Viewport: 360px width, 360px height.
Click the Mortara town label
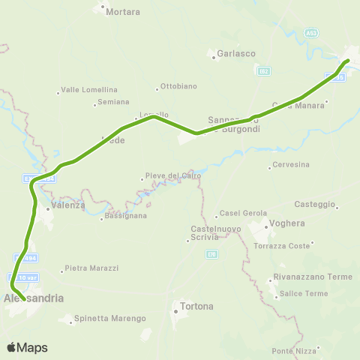pos(124,13)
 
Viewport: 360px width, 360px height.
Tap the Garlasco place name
pos(236,53)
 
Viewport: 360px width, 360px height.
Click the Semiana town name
pos(113,102)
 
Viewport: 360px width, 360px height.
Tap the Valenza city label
pos(69,205)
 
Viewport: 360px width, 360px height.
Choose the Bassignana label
pos(127,215)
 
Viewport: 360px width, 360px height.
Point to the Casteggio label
pos(316,204)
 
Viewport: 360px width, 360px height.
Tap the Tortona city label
pos(197,306)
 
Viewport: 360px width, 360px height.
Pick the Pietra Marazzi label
pos(91,268)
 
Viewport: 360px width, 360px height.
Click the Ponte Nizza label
pos(296,351)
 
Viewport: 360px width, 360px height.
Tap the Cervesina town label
pos(292,164)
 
